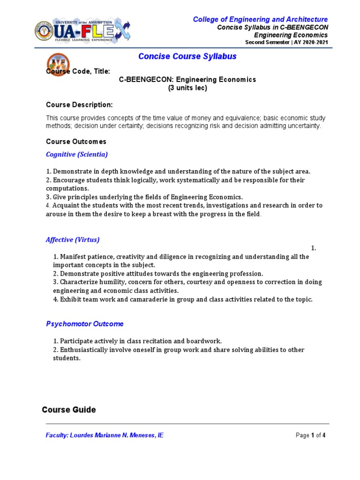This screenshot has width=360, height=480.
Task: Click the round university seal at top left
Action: pyautogui.click(x=45, y=31)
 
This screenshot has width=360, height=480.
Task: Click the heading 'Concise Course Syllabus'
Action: pyautogui.click(x=187, y=57)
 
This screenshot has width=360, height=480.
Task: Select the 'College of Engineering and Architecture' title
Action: pyautogui.click(x=261, y=19)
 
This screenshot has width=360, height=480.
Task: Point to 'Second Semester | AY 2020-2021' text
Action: pyautogui.click(x=287, y=43)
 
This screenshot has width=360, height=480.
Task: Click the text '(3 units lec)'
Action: pyautogui.click(x=187, y=88)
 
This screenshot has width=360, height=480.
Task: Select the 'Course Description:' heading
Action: pyautogui.click(x=79, y=105)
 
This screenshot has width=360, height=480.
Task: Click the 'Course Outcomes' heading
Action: pyautogui.click(x=76, y=142)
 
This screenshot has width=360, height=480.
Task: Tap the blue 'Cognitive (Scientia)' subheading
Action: pyautogui.click(x=77, y=154)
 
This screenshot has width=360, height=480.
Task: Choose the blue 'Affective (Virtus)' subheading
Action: pyautogui.click(x=73, y=240)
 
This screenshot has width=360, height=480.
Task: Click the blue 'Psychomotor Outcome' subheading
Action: pyautogui.click(x=85, y=324)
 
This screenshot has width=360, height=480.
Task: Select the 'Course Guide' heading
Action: pyautogui.click(x=69, y=410)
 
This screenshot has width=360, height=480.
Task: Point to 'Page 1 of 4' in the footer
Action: pyautogui.click(x=310, y=435)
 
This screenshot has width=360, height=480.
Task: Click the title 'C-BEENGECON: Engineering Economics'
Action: pyautogui.click(x=187, y=80)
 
